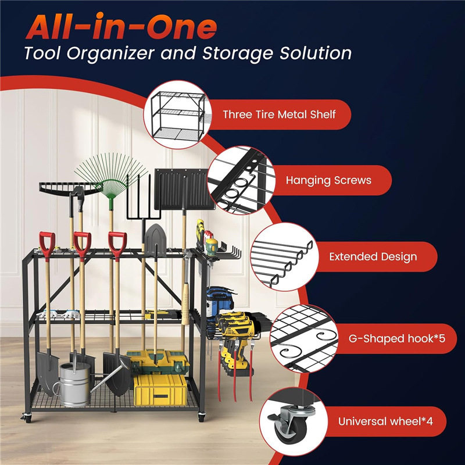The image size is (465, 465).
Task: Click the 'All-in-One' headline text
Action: tap(121, 26)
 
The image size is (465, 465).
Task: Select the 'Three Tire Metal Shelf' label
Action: tap(279, 115)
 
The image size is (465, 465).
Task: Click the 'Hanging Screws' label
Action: tap(328, 180)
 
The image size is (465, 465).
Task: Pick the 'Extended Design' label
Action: tap(373, 257)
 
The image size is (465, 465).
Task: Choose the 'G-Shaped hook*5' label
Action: tap(397, 339)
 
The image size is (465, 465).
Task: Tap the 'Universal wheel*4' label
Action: tap(385, 421)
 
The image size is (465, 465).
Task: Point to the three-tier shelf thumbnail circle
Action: tap(177, 115)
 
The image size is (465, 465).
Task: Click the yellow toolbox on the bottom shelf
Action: tap(160, 390)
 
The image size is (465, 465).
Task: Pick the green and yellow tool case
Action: tap(158, 361)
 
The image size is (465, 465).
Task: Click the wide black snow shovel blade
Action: tap(184, 189)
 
